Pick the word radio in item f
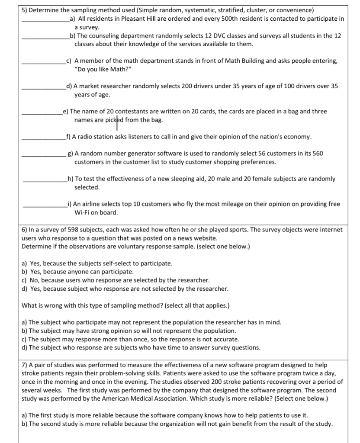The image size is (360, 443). pyautogui.click(x=86, y=137)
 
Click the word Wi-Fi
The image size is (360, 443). pyautogui.click(x=83, y=212)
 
